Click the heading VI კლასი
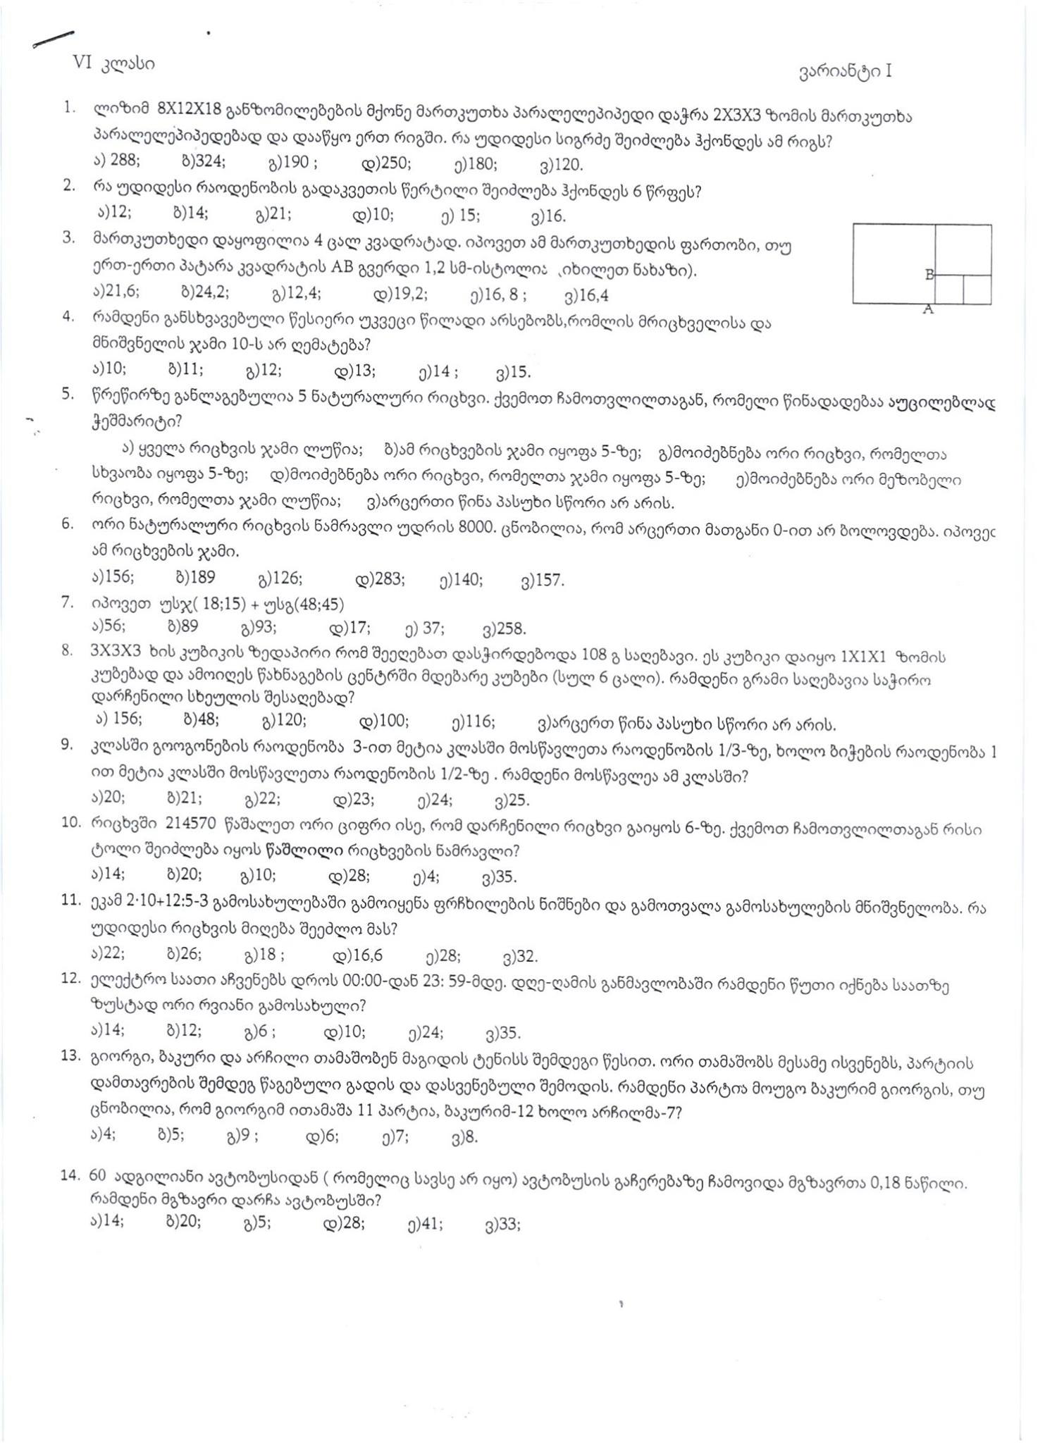[x=113, y=63]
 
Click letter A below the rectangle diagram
[x=928, y=309]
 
